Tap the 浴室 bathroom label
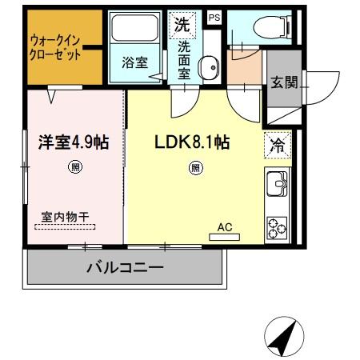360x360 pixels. coord(135,62)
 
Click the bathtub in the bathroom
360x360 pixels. coord(135,31)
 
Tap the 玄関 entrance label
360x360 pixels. coord(284,82)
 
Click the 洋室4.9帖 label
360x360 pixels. coord(74,142)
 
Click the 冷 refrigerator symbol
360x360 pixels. coord(278,146)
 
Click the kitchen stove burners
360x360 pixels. coord(278,227)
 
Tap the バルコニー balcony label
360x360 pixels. coord(125,267)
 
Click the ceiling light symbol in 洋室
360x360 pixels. coord(75,167)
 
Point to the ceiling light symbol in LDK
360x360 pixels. coord(194,167)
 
